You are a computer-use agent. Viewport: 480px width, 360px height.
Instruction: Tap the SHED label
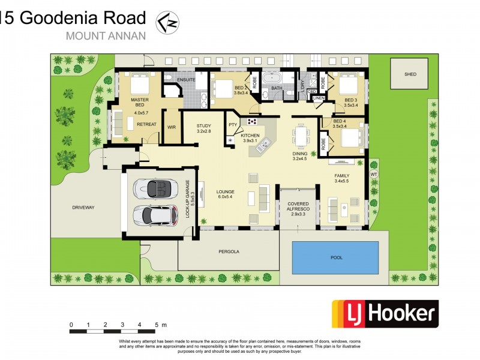410,74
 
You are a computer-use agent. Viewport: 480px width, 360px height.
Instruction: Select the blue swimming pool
335,257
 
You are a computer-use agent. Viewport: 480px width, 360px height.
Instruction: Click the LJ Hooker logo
385,313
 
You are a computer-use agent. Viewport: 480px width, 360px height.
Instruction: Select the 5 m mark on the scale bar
156,325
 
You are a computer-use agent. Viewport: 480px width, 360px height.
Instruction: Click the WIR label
171,127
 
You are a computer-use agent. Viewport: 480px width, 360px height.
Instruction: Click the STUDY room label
204,126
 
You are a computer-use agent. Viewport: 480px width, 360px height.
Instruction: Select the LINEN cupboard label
319,98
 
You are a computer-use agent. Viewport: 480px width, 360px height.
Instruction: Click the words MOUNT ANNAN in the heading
105,35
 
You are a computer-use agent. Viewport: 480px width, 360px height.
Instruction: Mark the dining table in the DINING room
300,136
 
